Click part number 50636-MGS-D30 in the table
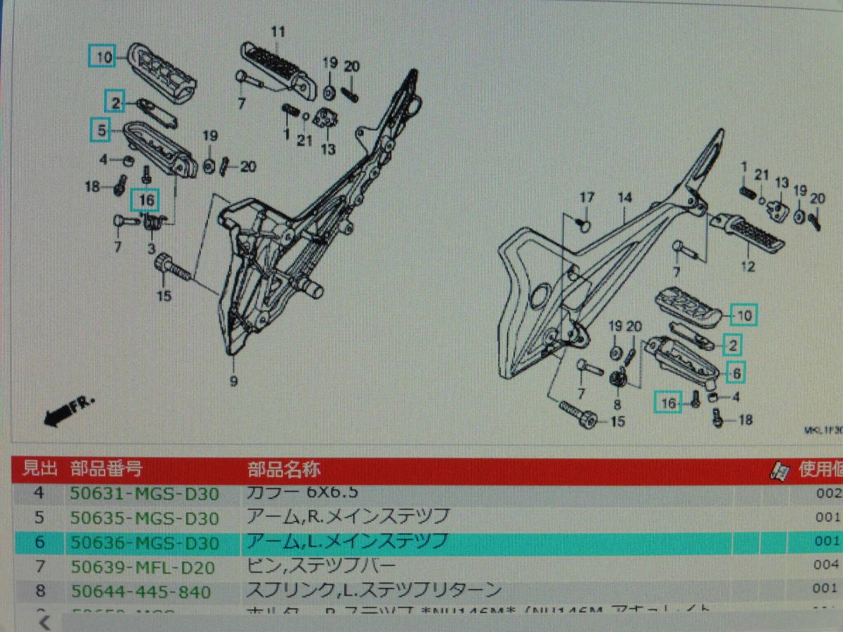coord(144,542)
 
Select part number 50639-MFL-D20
coord(143,567)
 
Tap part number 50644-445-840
coord(140,591)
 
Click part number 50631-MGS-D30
coord(144,493)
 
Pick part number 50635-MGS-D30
coord(144,518)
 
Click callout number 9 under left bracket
coord(233,381)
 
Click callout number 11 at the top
coord(278,32)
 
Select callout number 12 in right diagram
coord(747,267)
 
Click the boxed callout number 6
coord(736,374)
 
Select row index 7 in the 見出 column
coord(39,567)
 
